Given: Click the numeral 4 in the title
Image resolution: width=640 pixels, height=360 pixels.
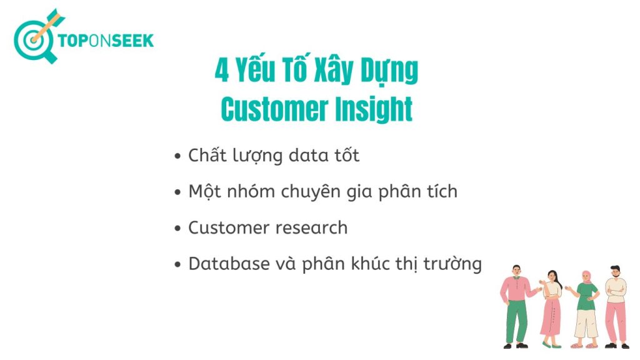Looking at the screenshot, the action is click(222, 70).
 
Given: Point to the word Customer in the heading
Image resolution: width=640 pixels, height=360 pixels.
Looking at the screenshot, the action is click(274, 109).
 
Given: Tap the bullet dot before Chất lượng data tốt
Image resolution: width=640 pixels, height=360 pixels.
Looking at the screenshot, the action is click(177, 156).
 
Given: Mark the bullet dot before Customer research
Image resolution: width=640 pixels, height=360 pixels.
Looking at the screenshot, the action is click(177, 228).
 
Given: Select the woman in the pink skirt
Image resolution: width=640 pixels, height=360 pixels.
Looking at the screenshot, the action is click(552, 309).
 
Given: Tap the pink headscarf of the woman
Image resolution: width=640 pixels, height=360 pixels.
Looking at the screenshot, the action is click(587, 277).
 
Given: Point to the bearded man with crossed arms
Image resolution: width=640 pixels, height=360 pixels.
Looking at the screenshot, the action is click(616, 307).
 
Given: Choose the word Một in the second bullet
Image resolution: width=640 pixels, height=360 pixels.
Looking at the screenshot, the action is click(204, 192).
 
